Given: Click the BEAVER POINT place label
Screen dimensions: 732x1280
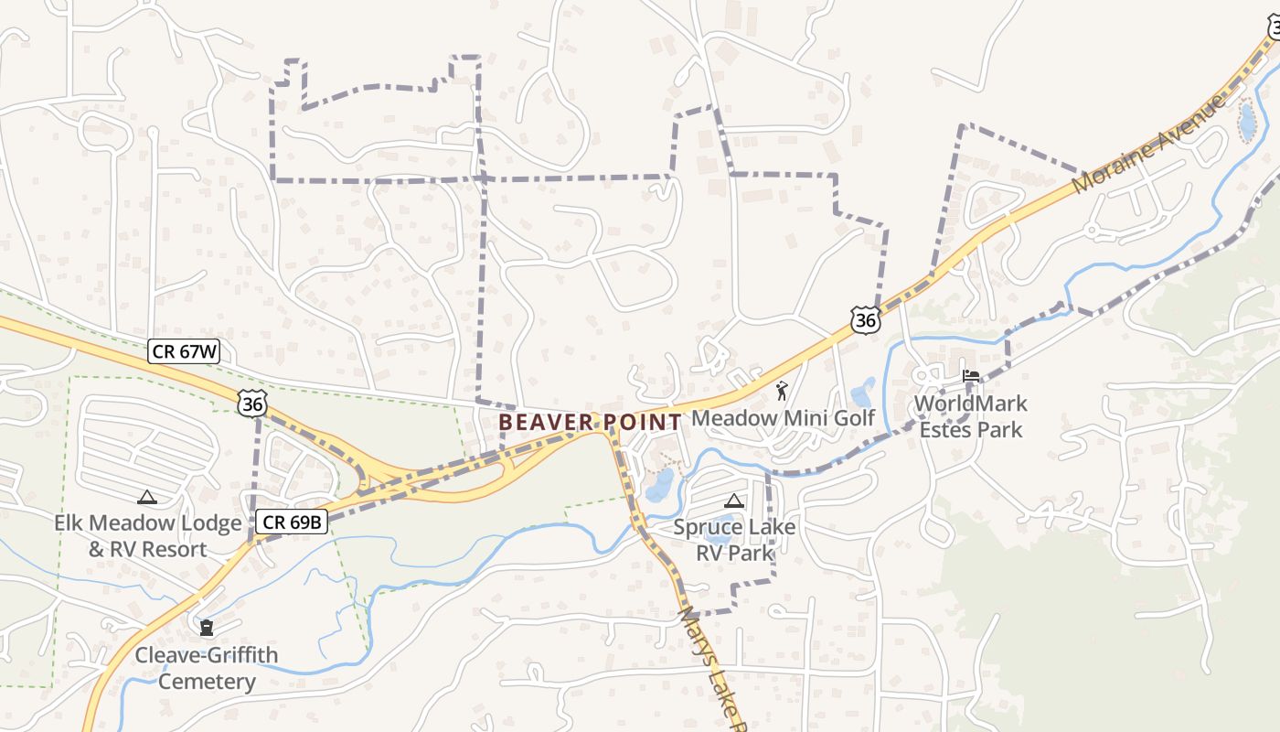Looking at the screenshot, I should pyautogui.click(x=591, y=422).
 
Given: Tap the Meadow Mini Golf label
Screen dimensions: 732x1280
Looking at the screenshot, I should pyautogui.click(x=783, y=418).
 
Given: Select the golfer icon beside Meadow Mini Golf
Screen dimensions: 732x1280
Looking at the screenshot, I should pyautogui.click(x=781, y=392).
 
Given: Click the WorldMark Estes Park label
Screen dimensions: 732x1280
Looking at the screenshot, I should pyautogui.click(x=970, y=416).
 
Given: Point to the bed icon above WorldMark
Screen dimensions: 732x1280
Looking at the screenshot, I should pyautogui.click(x=970, y=376).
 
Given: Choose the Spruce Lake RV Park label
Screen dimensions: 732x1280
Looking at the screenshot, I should pyautogui.click(x=734, y=540).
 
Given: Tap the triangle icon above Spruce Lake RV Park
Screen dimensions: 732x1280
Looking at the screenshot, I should pyautogui.click(x=733, y=501).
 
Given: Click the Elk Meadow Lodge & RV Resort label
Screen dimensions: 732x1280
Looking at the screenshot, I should pyautogui.click(x=147, y=536).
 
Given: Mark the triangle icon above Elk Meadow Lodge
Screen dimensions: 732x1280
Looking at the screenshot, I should pyautogui.click(x=146, y=497).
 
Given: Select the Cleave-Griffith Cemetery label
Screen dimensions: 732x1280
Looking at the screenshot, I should pyautogui.click(x=207, y=668).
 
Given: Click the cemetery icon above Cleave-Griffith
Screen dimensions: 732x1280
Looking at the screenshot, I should pyautogui.click(x=207, y=628).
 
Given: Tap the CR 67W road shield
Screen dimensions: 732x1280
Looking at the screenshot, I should pyautogui.click(x=184, y=351).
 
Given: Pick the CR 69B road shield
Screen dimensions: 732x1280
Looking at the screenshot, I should pyautogui.click(x=291, y=522).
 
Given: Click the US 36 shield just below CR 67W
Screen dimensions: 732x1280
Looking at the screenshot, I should pyautogui.click(x=251, y=402).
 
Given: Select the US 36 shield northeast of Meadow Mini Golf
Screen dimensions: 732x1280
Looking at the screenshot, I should pyautogui.click(x=865, y=319).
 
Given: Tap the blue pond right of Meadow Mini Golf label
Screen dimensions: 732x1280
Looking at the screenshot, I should pyautogui.click(x=862, y=393).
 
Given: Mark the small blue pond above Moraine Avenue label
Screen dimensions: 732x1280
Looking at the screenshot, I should pyautogui.click(x=1246, y=121).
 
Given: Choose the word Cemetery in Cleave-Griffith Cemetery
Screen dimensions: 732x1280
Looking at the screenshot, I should pyautogui.click(x=207, y=682).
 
